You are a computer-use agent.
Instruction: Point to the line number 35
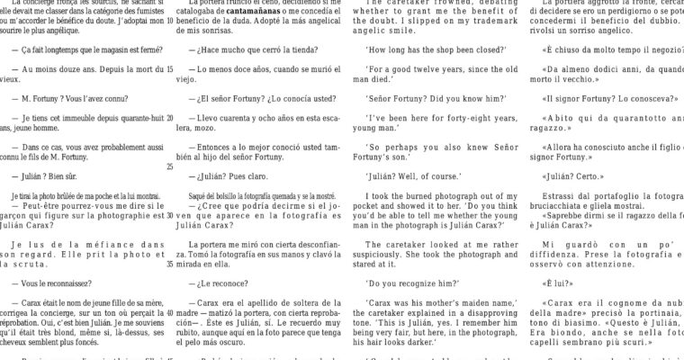[170, 264]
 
